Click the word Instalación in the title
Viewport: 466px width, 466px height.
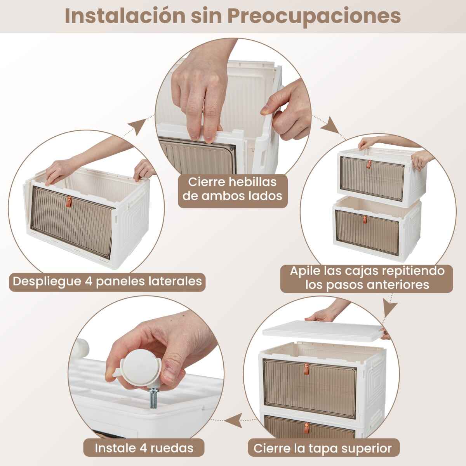(x=125, y=16)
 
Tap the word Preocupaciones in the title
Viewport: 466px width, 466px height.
(x=314, y=17)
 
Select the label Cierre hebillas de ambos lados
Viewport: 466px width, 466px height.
(x=233, y=189)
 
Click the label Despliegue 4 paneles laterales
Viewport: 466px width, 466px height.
(x=107, y=281)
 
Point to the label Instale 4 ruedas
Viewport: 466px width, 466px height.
(x=144, y=448)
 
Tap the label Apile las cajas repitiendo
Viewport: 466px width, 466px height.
(x=367, y=271)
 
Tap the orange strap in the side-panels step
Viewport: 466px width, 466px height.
(x=69, y=202)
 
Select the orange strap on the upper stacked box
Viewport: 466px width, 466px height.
(x=369, y=164)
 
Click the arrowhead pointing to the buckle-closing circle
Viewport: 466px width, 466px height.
(x=138, y=126)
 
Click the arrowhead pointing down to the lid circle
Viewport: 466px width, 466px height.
(x=390, y=310)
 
